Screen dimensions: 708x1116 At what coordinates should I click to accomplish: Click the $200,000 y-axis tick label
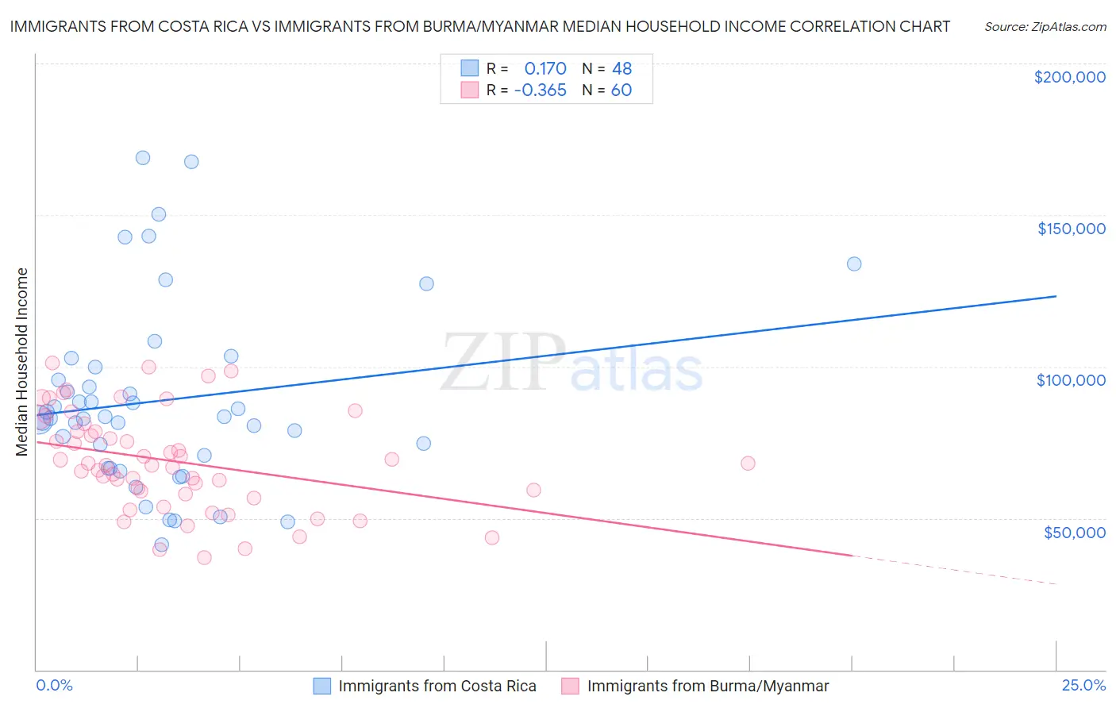1069,77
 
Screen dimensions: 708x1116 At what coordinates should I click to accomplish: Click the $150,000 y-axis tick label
1071,229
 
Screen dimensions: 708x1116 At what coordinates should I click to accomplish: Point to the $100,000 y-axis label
1071,380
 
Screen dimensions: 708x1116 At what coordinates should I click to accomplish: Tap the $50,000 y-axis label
1074,532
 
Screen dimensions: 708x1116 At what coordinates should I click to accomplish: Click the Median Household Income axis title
22,362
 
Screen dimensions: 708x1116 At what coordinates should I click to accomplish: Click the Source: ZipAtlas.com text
1045,27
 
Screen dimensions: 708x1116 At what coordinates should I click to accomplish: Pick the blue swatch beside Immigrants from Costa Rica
321,686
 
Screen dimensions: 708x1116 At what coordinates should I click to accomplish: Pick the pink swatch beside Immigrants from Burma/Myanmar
570,686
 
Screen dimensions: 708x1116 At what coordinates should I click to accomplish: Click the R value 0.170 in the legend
545,68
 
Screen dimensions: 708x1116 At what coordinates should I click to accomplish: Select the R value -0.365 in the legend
540,90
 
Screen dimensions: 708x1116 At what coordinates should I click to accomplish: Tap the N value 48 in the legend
621,68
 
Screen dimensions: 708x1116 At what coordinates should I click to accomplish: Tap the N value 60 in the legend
621,90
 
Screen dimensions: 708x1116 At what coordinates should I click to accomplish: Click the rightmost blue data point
854,264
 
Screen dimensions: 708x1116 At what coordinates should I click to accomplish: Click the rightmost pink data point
748,464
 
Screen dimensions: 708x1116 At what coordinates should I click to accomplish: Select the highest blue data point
143,158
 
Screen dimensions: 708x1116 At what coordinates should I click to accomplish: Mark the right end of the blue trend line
1056,296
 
